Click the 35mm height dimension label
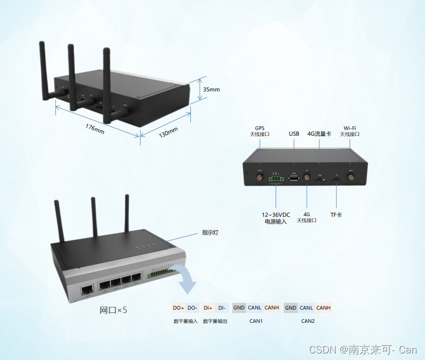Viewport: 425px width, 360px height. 211,89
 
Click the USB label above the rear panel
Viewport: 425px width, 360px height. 294,133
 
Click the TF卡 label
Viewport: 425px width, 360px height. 336,214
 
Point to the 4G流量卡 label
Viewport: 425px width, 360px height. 319,133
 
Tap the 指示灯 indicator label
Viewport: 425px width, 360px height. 210,233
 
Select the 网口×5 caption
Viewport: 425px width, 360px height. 113,310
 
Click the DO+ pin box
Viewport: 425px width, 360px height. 178,307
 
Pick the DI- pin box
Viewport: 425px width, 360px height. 222,307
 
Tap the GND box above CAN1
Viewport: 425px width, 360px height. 239,307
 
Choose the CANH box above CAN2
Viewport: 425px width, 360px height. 323,307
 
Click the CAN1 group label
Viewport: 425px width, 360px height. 256,321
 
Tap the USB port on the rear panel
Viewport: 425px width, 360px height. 294,178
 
